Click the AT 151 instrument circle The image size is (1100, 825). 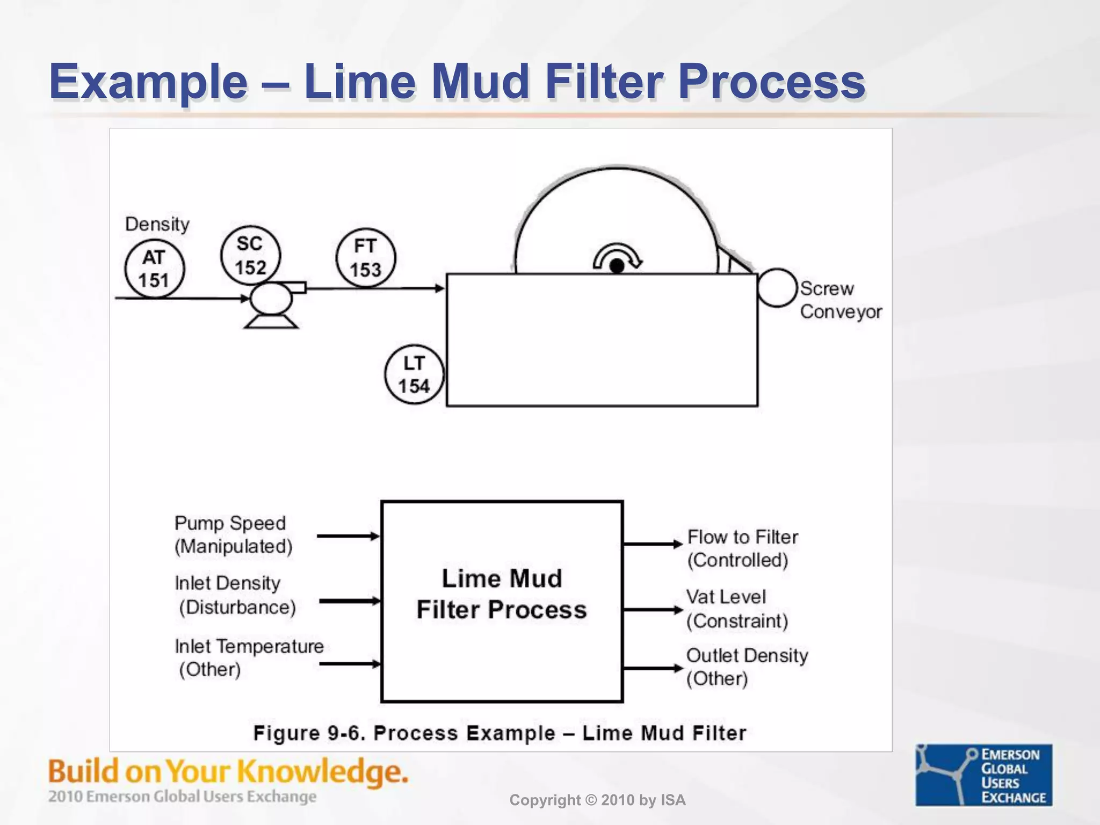(154, 269)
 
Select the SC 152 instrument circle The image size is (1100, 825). (250, 255)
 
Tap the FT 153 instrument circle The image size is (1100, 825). (366, 258)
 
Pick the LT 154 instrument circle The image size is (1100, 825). (414, 374)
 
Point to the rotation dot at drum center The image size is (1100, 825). (617, 265)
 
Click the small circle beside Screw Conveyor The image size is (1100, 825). (777, 288)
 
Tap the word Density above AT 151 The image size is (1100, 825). (157, 224)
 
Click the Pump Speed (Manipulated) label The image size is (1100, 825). (233, 535)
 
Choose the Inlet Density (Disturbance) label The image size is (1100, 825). (234, 595)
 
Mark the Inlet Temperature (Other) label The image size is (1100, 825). (249, 657)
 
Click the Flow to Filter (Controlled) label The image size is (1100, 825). (742, 548)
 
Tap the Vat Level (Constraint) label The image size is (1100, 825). (736, 609)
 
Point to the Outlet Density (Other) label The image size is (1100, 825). (746, 667)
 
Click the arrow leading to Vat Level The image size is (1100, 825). (652, 610)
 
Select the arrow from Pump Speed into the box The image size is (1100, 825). (348, 536)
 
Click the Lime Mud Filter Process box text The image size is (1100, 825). (502, 594)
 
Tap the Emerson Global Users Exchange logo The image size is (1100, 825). (983, 775)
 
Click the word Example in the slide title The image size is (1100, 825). (148, 82)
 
